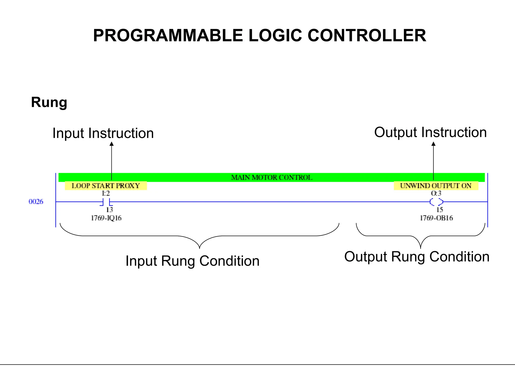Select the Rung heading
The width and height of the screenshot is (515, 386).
tap(49, 102)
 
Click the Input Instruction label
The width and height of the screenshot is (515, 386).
tap(103, 133)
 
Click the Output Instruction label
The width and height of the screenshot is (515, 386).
tap(430, 132)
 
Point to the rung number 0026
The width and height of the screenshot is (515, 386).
tap(36, 202)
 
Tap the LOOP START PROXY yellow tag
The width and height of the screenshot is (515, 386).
tap(106, 186)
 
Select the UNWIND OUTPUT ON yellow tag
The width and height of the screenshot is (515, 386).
tap(436, 186)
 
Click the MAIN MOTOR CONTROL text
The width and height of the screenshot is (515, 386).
tap(272, 177)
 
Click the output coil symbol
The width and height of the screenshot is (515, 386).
tap(436, 202)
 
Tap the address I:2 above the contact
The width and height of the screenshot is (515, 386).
tap(106, 193)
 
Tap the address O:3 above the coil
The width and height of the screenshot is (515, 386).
tap(436, 193)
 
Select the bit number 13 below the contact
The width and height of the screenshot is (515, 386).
tap(109, 210)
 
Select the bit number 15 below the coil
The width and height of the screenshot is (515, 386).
tap(439, 210)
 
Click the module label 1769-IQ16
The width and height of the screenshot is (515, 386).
tap(106, 218)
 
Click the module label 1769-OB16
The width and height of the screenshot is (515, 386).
tap(436, 218)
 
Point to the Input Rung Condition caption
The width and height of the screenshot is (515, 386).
tap(192, 261)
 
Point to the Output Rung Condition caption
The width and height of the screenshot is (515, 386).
tap(417, 257)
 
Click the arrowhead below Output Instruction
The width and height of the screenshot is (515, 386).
tap(433, 144)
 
